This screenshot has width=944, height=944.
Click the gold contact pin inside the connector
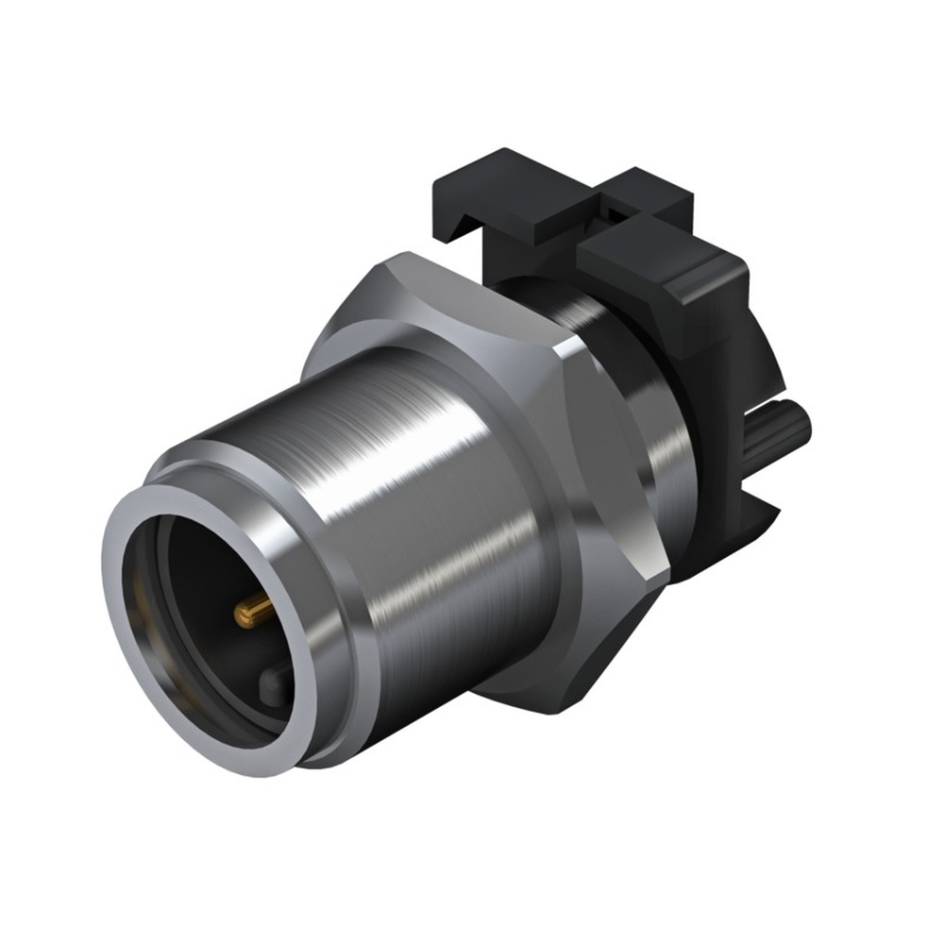(253, 614)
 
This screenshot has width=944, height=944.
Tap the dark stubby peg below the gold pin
(275, 680)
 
